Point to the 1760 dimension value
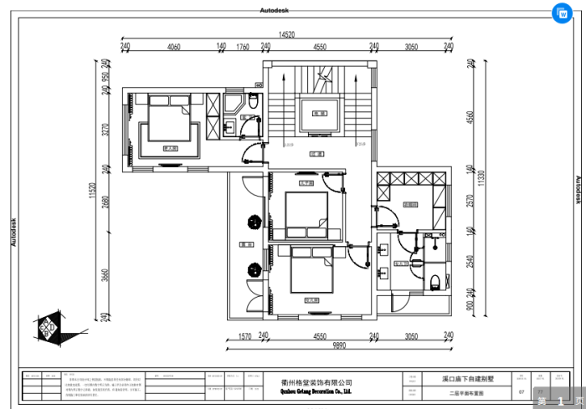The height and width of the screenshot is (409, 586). (243, 48)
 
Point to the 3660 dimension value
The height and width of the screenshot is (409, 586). (106, 275)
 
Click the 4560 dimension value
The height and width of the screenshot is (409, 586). (470, 116)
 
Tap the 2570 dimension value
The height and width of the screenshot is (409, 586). (470, 202)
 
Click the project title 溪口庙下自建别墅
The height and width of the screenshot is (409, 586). (468, 378)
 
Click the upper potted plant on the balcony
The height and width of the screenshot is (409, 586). (250, 222)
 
